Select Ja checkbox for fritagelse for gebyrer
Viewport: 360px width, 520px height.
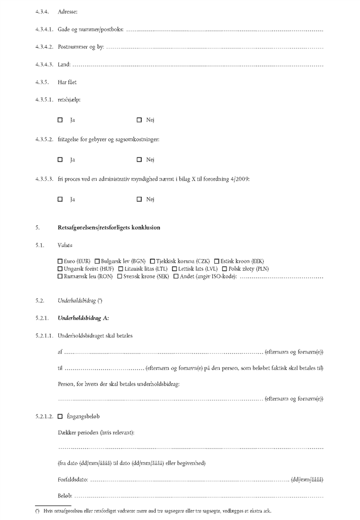click(60, 160)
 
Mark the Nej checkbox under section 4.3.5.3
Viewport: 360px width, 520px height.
click(140, 199)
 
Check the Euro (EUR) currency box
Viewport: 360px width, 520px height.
click(60, 260)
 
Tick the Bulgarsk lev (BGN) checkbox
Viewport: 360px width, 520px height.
click(97, 260)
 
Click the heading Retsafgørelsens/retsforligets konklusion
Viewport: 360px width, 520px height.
click(109, 227)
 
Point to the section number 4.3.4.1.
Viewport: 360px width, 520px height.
click(44, 29)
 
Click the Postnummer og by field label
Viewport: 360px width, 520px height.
click(81, 47)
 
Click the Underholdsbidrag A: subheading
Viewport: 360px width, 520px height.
click(83, 318)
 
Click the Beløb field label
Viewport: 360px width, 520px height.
click(64, 496)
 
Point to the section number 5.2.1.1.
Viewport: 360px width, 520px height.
click(44, 336)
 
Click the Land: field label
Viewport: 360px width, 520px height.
click(64, 65)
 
